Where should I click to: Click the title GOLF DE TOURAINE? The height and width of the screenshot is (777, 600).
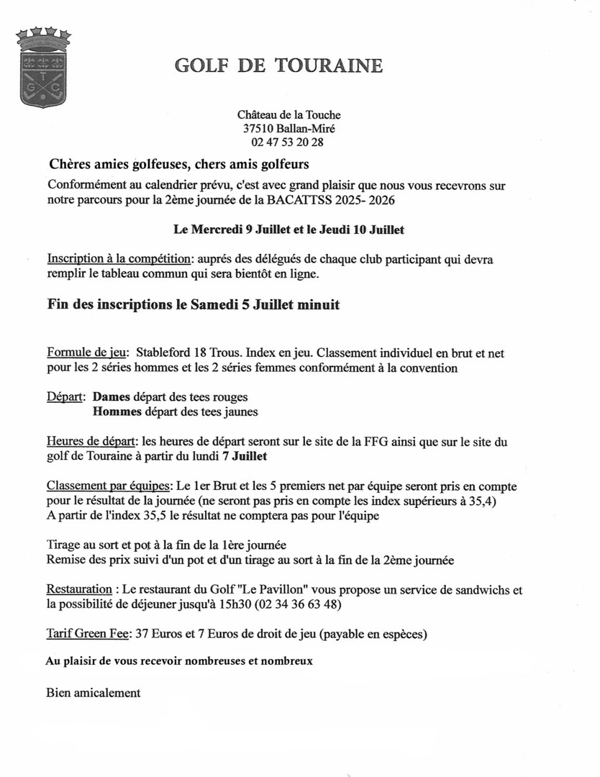(x=278, y=65)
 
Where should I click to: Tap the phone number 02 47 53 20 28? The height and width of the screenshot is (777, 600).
(x=288, y=142)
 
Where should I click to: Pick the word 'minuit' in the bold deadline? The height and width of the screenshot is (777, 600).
(x=317, y=305)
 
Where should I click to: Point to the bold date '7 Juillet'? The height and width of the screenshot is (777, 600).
(x=273, y=457)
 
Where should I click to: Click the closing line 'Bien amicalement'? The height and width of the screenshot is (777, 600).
(x=93, y=693)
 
